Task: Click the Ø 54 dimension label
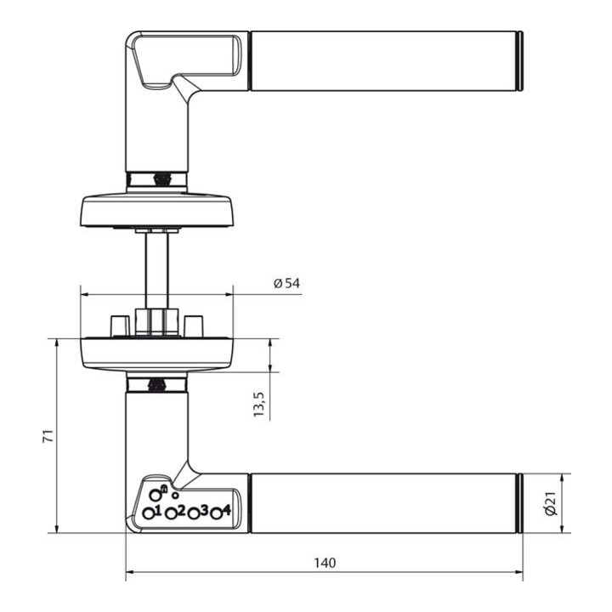point(287,283)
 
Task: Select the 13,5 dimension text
point(260,405)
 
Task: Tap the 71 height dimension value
point(48,436)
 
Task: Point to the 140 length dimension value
point(324,563)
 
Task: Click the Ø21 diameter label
point(550,504)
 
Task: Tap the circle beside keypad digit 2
point(171,513)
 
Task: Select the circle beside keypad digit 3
point(194,513)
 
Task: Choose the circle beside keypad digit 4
point(217,513)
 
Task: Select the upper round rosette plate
point(156,208)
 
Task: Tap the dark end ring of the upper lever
point(518,61)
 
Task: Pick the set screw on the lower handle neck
point(156,385)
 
